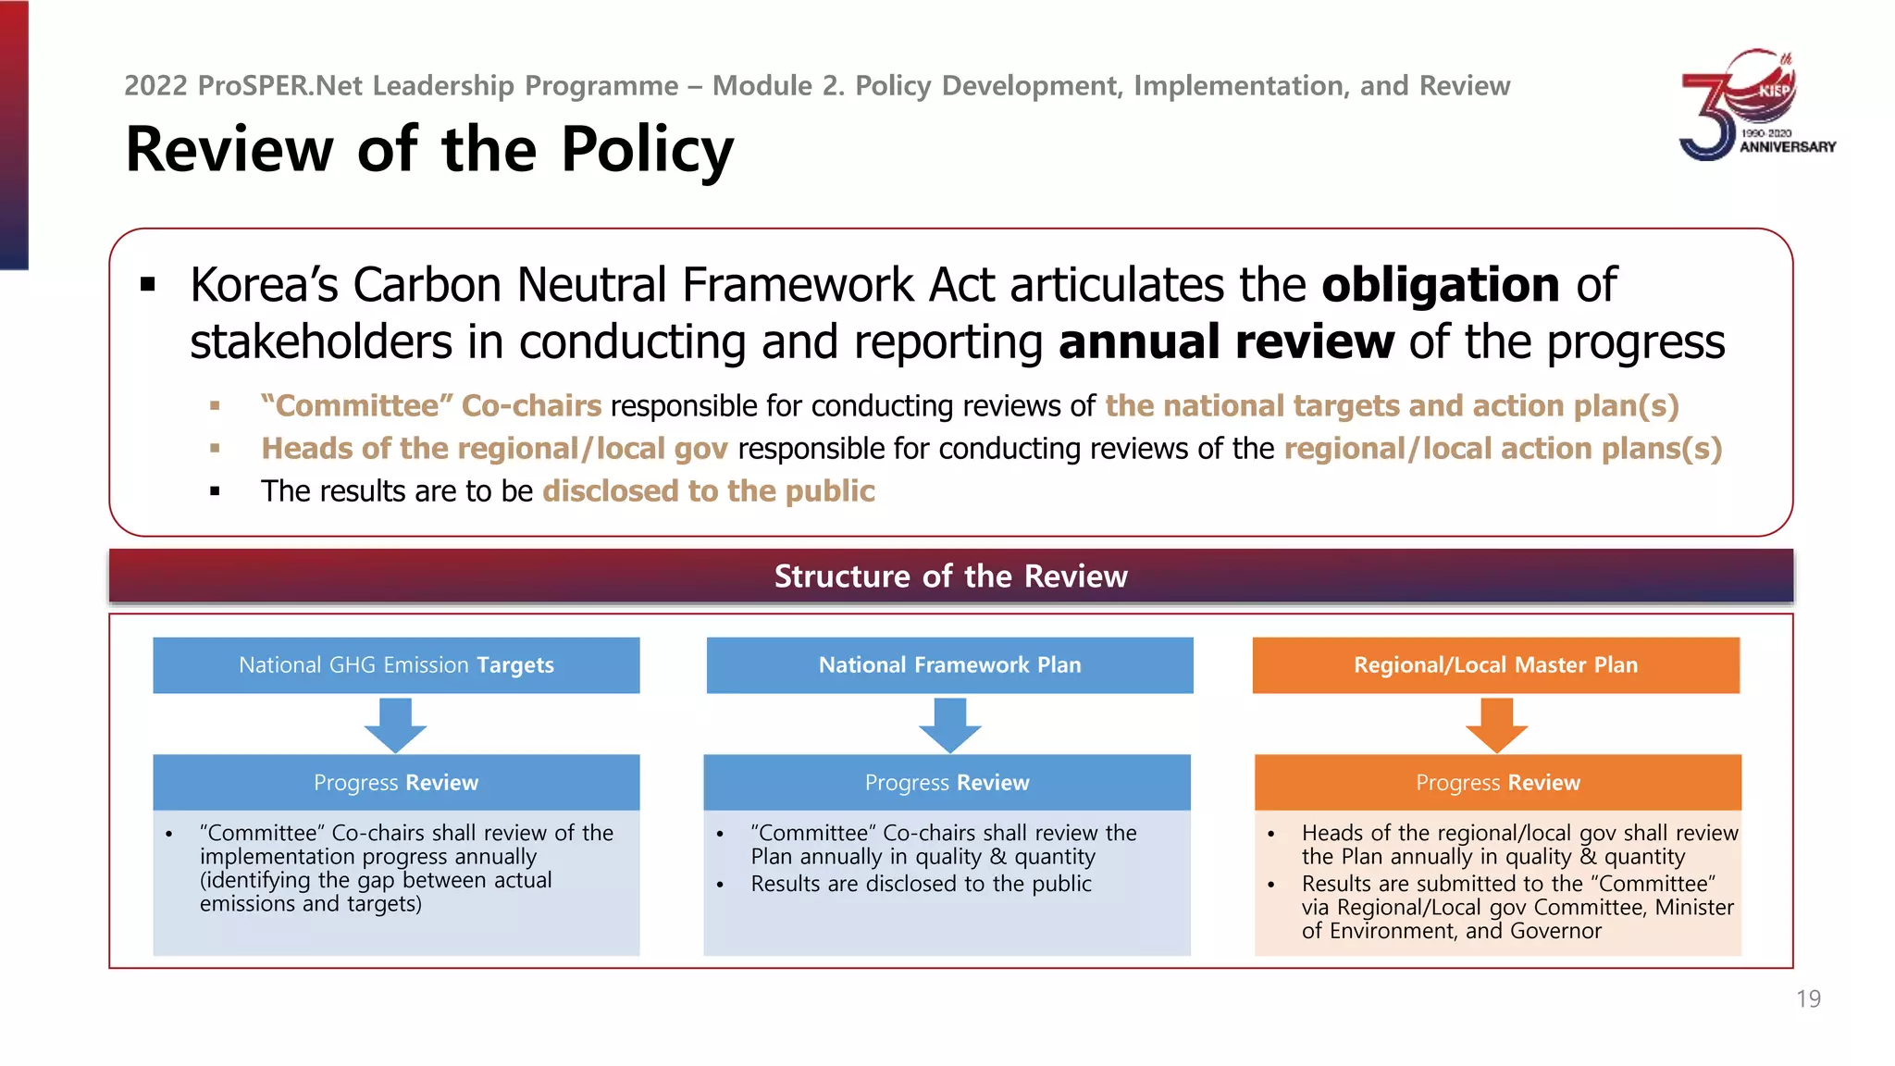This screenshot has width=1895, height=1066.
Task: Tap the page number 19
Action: tap(1808, 998)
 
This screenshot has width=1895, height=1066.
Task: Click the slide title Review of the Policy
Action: tap(429, 149)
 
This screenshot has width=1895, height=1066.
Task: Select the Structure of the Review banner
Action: tap(950, 576)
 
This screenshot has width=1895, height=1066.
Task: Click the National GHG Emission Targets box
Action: tap(396, 664)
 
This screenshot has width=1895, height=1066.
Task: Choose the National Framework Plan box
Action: tap(949, 664)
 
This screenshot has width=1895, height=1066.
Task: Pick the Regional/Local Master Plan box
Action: tap(1495, 664)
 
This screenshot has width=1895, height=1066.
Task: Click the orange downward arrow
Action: tap(1496, 725)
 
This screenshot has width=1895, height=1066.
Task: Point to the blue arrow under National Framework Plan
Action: tap(949, 725)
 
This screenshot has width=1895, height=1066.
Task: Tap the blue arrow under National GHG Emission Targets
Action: tap(395, 725)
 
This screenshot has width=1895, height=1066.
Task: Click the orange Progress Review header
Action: tap(1497, 783)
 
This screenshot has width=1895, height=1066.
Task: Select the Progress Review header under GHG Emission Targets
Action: tap(396, 783)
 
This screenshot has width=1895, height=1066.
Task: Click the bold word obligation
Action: tap(1440, 284)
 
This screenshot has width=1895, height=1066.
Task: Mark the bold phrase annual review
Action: tap(1225, 341)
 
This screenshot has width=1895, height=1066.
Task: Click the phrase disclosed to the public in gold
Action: tap(708, 490)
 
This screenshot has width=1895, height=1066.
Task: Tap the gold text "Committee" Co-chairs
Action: tap(431, 405)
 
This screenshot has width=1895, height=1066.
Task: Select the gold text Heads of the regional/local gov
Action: tap(494, 448)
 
